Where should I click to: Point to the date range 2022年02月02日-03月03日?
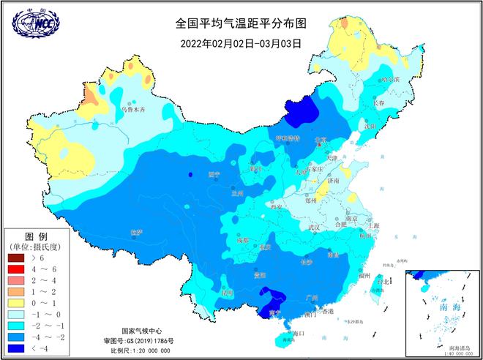(x=241, y=43)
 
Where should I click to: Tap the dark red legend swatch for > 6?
(x=16, y=258)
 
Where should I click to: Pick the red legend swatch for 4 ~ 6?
(x=16, y=269)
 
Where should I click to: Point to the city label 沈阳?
(x=372, y=126)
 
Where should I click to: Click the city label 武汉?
(x=315, y=228)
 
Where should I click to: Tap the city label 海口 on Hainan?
(x=297, y=333)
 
